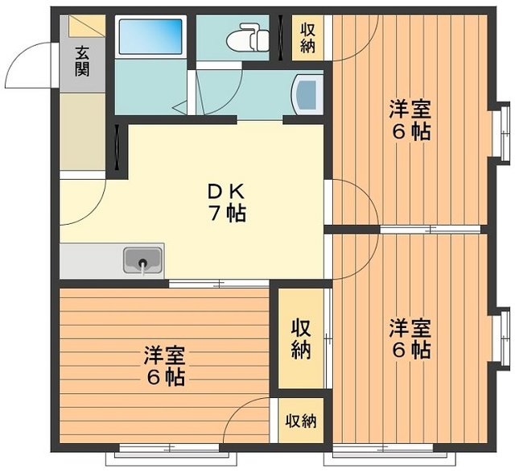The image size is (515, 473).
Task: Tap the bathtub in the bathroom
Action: click(151, 37)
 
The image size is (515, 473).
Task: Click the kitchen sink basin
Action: click(143, 261)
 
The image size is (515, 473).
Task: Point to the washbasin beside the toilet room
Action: click(307, 93)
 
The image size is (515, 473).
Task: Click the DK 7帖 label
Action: click(226, 204)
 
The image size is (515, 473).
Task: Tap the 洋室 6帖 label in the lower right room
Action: click(410, 339)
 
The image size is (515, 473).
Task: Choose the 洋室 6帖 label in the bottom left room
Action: click(165, 365)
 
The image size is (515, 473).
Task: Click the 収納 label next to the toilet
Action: click(308, 37)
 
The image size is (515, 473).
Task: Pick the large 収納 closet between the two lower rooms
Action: click(301, 339)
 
